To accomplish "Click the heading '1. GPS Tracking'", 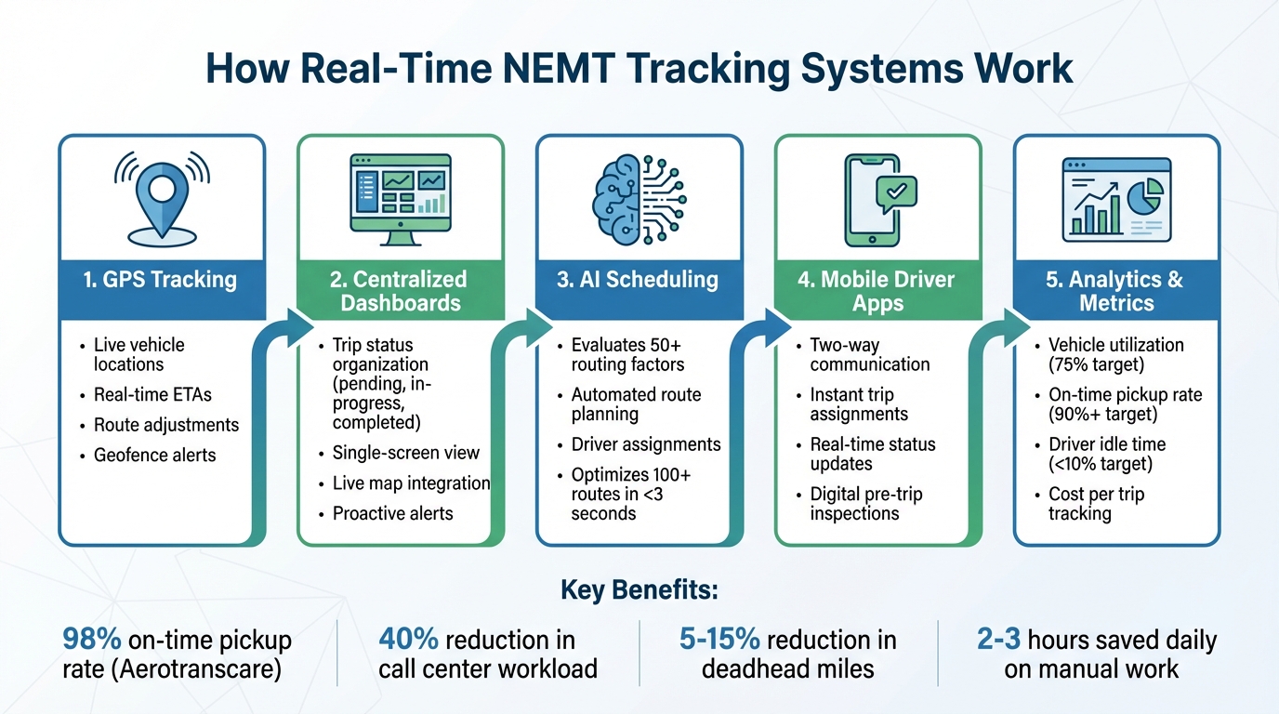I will [x=160, y=279].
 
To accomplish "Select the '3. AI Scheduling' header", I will [x=638, y=279].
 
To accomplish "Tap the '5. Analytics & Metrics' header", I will [x=1114, y=291].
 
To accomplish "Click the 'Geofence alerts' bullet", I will [x=154, y=455].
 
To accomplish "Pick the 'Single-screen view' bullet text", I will [x=405, y=453].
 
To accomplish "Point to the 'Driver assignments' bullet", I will [x=645, y=444].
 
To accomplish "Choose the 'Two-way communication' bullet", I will [x=869, y=354].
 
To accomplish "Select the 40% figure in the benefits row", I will [x=408, y=641].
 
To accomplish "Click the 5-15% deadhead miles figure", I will [x=719, y=641].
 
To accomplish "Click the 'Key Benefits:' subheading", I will [x=639, y=591].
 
